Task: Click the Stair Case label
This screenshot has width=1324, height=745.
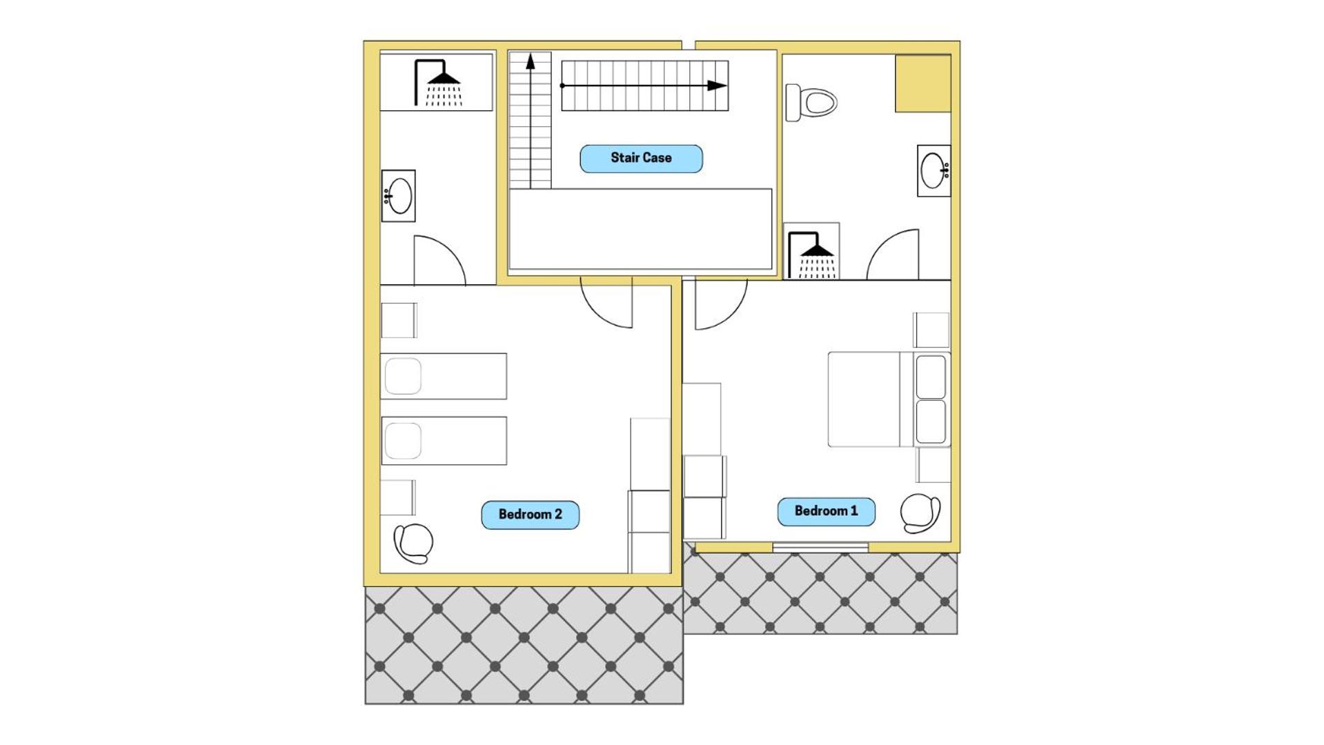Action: tap(641, 158)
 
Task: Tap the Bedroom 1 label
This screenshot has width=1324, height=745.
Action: tap(826, 511)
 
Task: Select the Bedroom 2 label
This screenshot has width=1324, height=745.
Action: tap(530, 515)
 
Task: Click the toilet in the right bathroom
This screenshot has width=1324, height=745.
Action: tap(811, 103)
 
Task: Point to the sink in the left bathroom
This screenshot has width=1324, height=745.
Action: tap(398, 196)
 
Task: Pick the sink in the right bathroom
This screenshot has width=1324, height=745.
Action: tap(933, 170)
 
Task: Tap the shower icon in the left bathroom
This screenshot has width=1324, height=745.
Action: tap(437, 83)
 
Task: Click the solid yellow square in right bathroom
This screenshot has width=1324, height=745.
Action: tap(923, 83)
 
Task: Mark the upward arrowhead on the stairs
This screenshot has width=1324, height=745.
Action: tap(531, 62)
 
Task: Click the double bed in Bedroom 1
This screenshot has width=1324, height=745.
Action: tap(889, 399)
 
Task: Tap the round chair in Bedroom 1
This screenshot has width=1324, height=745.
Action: tap(920, 513)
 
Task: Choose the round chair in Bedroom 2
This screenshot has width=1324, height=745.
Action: tap(413, 543)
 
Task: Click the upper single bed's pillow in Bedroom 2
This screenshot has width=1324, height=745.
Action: tap(403, 376)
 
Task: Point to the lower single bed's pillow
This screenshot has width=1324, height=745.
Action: tap(403, 441)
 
